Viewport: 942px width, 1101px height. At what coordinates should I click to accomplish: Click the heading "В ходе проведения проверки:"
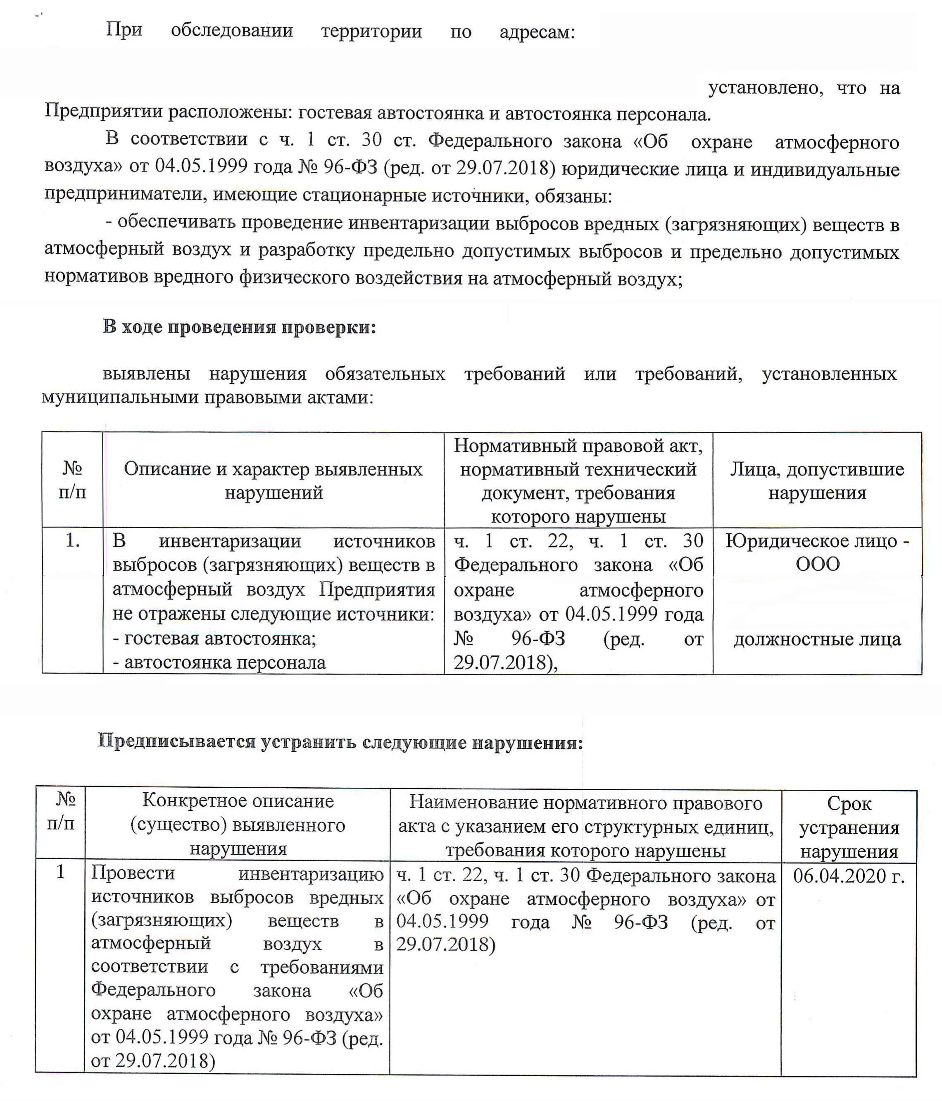[x=239, y=327]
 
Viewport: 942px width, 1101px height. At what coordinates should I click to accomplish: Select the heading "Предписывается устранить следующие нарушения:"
[x=340, y=742]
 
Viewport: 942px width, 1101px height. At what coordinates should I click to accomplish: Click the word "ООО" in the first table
[x=817, y=564]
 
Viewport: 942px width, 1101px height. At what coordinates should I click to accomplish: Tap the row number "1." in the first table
[x=72, y=541]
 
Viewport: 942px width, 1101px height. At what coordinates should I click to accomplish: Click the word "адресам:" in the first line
[x=537, y=32]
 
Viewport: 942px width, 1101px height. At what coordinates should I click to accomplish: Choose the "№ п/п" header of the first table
[x=72, y=480]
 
